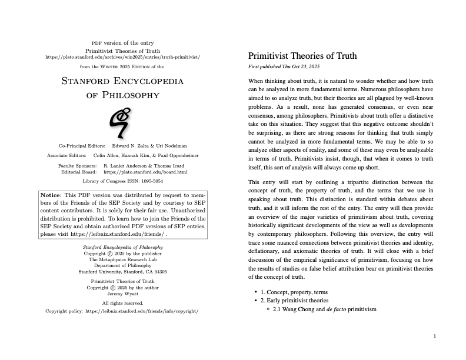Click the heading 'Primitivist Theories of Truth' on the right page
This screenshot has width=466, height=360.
[x=303, y=56]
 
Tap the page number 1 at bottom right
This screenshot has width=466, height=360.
[x=434, y=336]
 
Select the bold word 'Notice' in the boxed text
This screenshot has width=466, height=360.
[x=50, y=195]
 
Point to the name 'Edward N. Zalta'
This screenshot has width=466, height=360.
[x=132, y=145]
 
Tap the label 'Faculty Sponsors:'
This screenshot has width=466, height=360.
[x=78, y=166]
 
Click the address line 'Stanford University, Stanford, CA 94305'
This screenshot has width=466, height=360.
[x=122, y=272]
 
